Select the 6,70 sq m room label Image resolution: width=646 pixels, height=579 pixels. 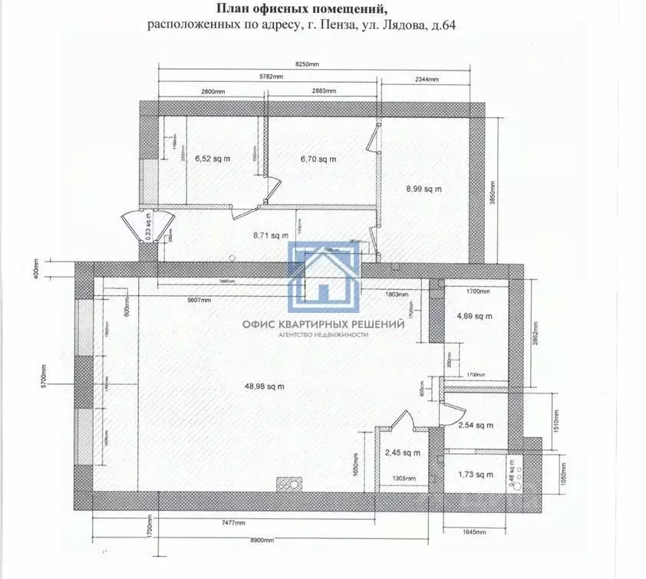(x=318, y=160)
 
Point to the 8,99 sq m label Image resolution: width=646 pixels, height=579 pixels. (x=424, y=189)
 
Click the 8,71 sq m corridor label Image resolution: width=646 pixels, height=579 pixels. (x=269, y=236)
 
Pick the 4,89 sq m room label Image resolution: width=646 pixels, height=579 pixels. (x=473, y=316)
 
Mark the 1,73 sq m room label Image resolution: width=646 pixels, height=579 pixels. (x=473, y=475)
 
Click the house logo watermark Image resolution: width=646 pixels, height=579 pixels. (x=325, y=274)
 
